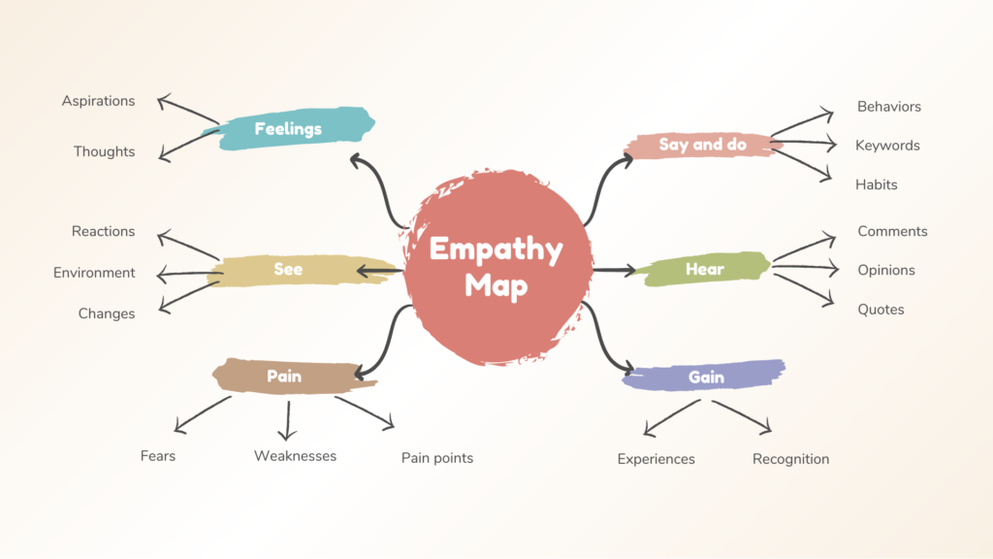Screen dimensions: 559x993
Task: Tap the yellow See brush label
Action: click(x=288, y=270)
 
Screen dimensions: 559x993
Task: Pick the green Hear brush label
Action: click(x=705, y=270)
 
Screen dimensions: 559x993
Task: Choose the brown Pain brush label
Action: click(x=285, y=377)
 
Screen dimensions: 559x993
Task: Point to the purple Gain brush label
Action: click(x=706, y=377)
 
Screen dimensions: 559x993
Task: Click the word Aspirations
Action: click(x=99, y=101)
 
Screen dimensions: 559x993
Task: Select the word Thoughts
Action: click(x=105, y=152)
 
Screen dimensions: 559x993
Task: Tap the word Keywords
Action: click(x=887, y=146)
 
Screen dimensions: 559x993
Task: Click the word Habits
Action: click(x=877, y=184)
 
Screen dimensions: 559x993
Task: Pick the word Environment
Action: click(x=94, y=273)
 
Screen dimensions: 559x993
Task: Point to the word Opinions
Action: click(x=886, y=271)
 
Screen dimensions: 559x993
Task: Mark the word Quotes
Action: click(x=881, y=310)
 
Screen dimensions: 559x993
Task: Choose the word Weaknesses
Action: click(x=295, y=456)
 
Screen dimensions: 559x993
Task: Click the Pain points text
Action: click(x=437, y=458)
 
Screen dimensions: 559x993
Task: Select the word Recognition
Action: click(x=790, y=459)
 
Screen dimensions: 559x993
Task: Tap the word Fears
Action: click(x=158, y=455)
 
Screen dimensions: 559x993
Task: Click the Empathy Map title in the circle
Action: click(x=496, y=267)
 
